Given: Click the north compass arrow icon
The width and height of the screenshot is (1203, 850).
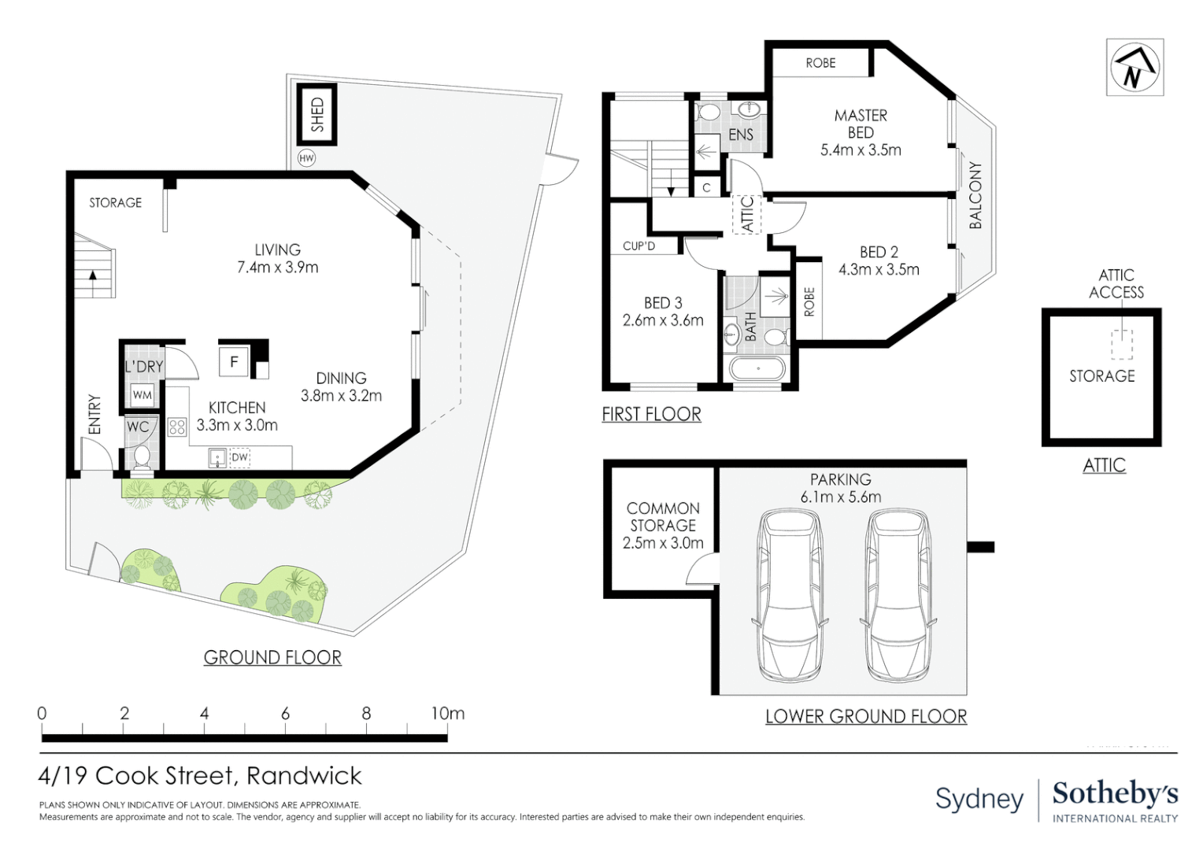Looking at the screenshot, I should [1135, 68].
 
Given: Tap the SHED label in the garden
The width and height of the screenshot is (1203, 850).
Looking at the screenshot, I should [317, 114].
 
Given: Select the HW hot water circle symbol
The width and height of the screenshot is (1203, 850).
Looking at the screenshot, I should [306, 158].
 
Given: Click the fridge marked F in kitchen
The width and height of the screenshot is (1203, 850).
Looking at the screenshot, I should [234, 362].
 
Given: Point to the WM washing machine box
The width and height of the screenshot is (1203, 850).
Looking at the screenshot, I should [143, 395].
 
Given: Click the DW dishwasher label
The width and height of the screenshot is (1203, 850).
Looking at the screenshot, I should [239, 457].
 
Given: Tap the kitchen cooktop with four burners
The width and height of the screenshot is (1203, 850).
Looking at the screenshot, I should [177, 427].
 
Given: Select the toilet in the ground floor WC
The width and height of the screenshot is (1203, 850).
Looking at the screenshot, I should [142, 456].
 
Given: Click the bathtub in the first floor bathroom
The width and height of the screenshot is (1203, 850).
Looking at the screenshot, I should [758, 368].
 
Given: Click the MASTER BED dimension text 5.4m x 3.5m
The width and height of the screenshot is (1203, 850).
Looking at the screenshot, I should [861, 150].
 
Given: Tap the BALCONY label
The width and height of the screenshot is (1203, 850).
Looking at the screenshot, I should [975, 195].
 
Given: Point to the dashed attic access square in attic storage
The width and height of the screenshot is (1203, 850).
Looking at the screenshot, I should [1121, 345].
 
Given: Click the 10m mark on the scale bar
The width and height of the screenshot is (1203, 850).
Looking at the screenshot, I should [447, 714].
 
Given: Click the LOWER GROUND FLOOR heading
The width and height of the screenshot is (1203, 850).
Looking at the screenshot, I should [866, 716].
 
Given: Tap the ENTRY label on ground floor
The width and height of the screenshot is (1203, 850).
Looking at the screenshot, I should [94, 414].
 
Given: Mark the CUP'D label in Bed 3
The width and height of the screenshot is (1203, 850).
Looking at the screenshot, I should [639, 246].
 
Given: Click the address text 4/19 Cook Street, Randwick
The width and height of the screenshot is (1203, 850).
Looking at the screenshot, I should [200, 776].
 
